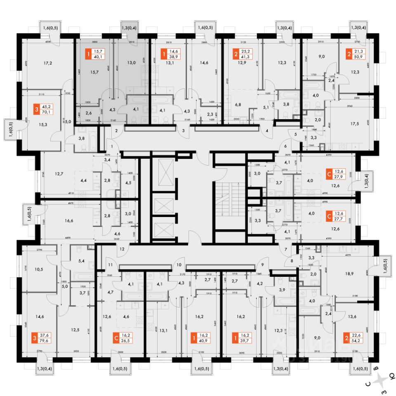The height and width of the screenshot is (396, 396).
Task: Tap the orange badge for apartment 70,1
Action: tap(38, 111)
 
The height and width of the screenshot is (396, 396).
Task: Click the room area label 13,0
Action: tap(132, 63)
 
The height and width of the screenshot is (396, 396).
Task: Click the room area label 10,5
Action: tap(39, 270)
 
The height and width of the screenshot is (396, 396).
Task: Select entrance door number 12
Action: tap(122, 249)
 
